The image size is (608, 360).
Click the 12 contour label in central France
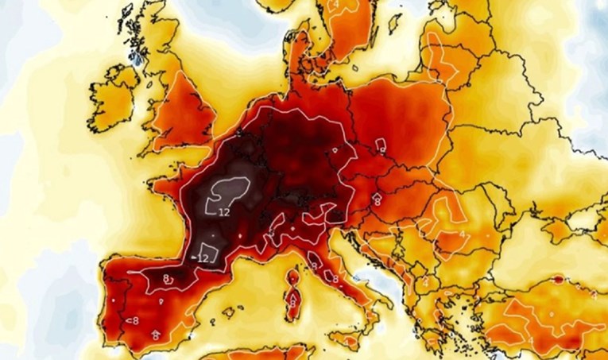tap(224, 212)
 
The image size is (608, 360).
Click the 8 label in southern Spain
tap(156, 336)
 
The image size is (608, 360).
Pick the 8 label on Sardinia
tap(292, 302)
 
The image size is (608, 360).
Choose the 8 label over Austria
tap(377, 202)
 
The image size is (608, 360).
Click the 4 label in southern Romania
tap(463, 236)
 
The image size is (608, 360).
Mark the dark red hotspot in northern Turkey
tap(559, 280)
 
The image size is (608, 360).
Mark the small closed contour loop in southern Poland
tap(381, 145)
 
